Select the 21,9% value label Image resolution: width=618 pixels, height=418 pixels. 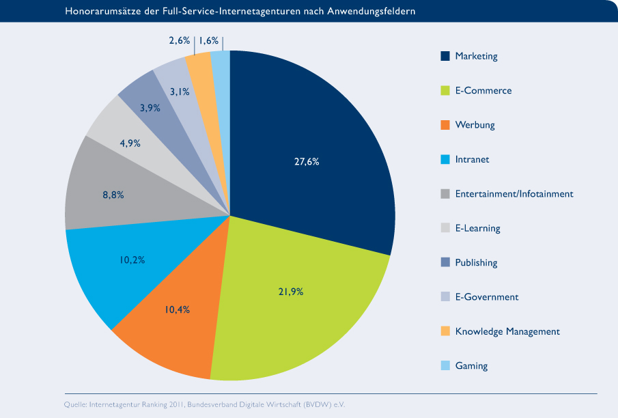point(290,292)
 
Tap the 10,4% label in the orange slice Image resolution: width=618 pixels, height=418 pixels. point(176,309)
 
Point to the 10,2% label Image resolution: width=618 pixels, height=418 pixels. point(132,260)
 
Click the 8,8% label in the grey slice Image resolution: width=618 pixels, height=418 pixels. point(113,195)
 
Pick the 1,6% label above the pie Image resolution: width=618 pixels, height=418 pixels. point(209,41)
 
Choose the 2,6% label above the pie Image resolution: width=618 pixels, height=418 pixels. point(179,41)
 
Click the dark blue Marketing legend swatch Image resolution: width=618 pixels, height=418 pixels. point(445,56)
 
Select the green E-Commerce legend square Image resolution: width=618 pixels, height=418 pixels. point(445,91)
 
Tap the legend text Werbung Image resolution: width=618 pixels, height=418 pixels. point(475,125)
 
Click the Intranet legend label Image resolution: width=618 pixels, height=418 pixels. point(472,160)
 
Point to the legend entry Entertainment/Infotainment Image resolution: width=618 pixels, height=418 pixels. point(514,194)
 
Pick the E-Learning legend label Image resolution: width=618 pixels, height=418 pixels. point(477,228)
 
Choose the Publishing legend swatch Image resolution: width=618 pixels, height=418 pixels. point(445,263)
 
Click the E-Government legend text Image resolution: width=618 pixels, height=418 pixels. point(486,297)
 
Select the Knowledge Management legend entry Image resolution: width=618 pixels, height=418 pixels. point(507,331)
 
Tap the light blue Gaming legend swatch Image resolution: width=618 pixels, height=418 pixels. point(445,366)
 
